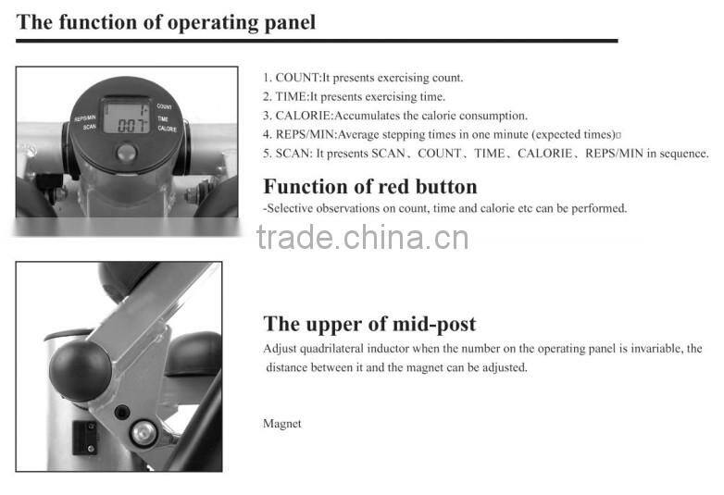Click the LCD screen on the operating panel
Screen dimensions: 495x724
click(126, 117)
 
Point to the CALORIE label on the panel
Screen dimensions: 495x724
click(167, 129)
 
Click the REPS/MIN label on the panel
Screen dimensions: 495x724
click(85, 118)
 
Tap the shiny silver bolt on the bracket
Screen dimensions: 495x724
click(142, 430)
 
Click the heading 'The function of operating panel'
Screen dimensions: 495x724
click(166, 22)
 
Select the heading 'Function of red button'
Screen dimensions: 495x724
click(369, 186)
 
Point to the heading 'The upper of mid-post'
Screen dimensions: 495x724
click(369, 324)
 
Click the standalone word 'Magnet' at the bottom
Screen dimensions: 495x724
click(282, 424)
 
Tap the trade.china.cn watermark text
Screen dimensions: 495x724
click(362, 238)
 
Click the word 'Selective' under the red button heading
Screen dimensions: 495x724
click(290, 208)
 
